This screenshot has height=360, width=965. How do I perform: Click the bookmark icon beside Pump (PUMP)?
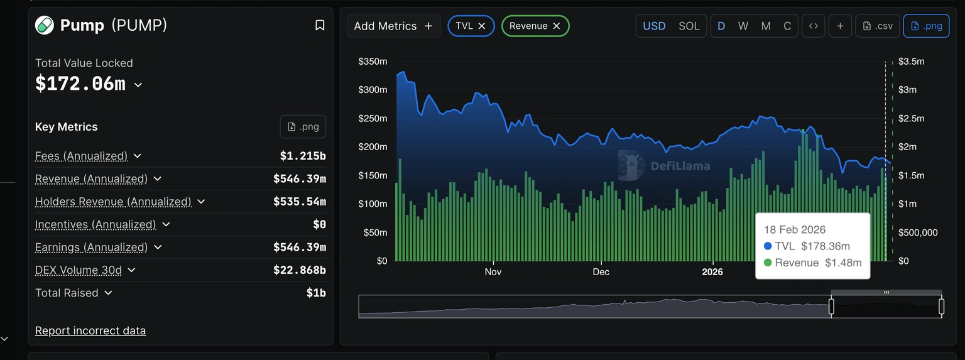(x=320, y=25)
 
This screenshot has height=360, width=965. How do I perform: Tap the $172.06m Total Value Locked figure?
(x=80, y=84)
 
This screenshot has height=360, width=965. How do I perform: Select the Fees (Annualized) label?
(x=81, y=156)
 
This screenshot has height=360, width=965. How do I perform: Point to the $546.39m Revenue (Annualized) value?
(x=299, y=179)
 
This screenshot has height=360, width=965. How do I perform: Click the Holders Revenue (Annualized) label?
(x=113, y=202)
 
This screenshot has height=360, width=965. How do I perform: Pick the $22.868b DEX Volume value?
(x=299, y=270)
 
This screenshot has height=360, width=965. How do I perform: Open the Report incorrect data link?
(x=90, y=330)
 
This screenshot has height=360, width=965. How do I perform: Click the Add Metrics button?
(x=393, y=26)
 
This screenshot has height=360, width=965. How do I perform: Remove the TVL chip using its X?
(x=482, y=26)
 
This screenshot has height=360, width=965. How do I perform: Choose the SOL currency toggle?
(x=689, y=26)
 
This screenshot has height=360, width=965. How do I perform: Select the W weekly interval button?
(x=743, y=26)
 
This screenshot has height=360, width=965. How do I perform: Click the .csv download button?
(x=878, y=26)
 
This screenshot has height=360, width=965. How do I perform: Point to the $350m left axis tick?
(x=373, y=62)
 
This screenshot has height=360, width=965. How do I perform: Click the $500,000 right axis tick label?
(x=917, y=232)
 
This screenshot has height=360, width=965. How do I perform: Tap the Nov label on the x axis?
(x=493, y=272)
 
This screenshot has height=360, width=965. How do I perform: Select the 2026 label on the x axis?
(x=712, y=272)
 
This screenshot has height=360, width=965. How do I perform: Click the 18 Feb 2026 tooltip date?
(x=795, y=229)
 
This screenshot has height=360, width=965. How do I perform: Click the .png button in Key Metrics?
(x=303, y=127)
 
